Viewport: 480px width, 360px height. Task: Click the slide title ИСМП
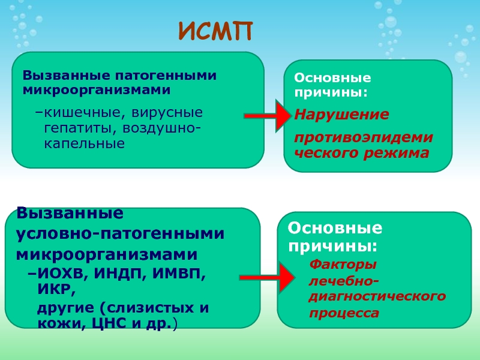click(x=215, y=31)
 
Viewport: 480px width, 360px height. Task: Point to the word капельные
click(x=84, y=143)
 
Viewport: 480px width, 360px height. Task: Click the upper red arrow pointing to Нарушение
click(x=268, y=116)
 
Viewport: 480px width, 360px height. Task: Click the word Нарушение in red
click(x=341, y=115)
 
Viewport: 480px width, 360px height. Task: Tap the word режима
click(x=397, y=153)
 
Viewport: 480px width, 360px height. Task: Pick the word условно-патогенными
click(x=120, y=233)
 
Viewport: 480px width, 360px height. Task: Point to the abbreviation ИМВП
click(x=179, y=274)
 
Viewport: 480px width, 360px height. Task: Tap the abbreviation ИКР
click(x=55, y=289)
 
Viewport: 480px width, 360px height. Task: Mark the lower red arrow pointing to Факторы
click(x=267, y=278)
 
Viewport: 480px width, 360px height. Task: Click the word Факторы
click(x=343, y=265)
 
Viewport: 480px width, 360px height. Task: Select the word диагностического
click(x=377, y=296)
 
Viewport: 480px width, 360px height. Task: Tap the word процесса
click(x=344, y=313)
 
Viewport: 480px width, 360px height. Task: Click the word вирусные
click(x=167, y=113)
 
